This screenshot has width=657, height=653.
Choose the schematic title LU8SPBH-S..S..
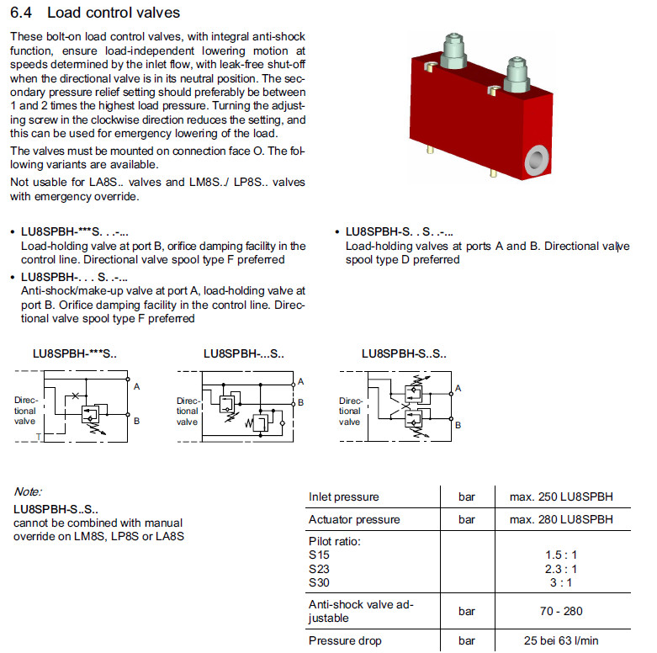(x=404, y=355)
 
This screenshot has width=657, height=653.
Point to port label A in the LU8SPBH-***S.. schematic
(x=136, y=385)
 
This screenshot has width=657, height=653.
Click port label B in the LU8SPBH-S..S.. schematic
(x=458, y=426)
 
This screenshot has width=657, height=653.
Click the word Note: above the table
(x=28, y=491)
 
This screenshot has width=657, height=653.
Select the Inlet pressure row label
(x=344, y=496)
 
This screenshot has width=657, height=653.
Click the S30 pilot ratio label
(x=319, y=582)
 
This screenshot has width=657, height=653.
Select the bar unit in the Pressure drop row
(x=467, y=640)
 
